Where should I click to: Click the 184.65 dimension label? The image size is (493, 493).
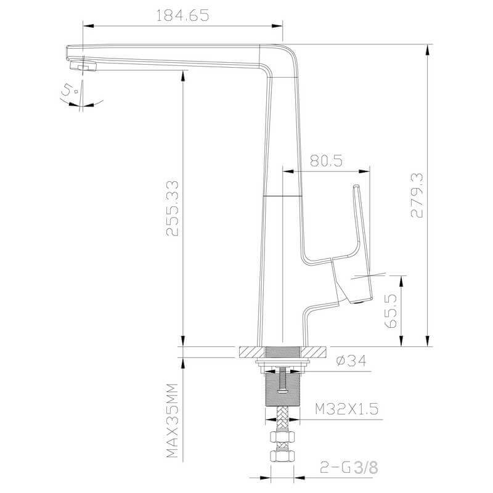[x=182, y=15]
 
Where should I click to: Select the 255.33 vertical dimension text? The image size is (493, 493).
[x=173, y=208]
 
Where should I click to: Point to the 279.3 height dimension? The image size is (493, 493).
[x=417, y=195]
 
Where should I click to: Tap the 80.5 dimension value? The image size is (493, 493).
[x=326, y=161]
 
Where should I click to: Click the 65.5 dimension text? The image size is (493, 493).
[x=391, y=311]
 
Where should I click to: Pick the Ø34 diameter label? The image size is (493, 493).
[x=351, y=361]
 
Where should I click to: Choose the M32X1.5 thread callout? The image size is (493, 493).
[x=347, y=409]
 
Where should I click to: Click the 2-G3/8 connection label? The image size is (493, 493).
[x=349, y=467]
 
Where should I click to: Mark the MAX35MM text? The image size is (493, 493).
[x=172, y=420]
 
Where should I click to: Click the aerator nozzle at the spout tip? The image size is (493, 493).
[x=83, y=66]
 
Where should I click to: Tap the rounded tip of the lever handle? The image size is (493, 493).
[x=356, y=187]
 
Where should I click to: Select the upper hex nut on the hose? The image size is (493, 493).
[x=283, y=437]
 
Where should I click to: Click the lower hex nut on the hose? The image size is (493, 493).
[x=283, y=455]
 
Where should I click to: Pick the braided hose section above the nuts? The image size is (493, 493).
[x=283, y=418]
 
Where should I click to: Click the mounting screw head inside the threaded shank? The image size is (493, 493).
[x=283, y=391]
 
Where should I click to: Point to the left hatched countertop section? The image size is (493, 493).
[x=253, y=352]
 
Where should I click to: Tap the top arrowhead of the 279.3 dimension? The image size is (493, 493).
[x=427, y=51]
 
